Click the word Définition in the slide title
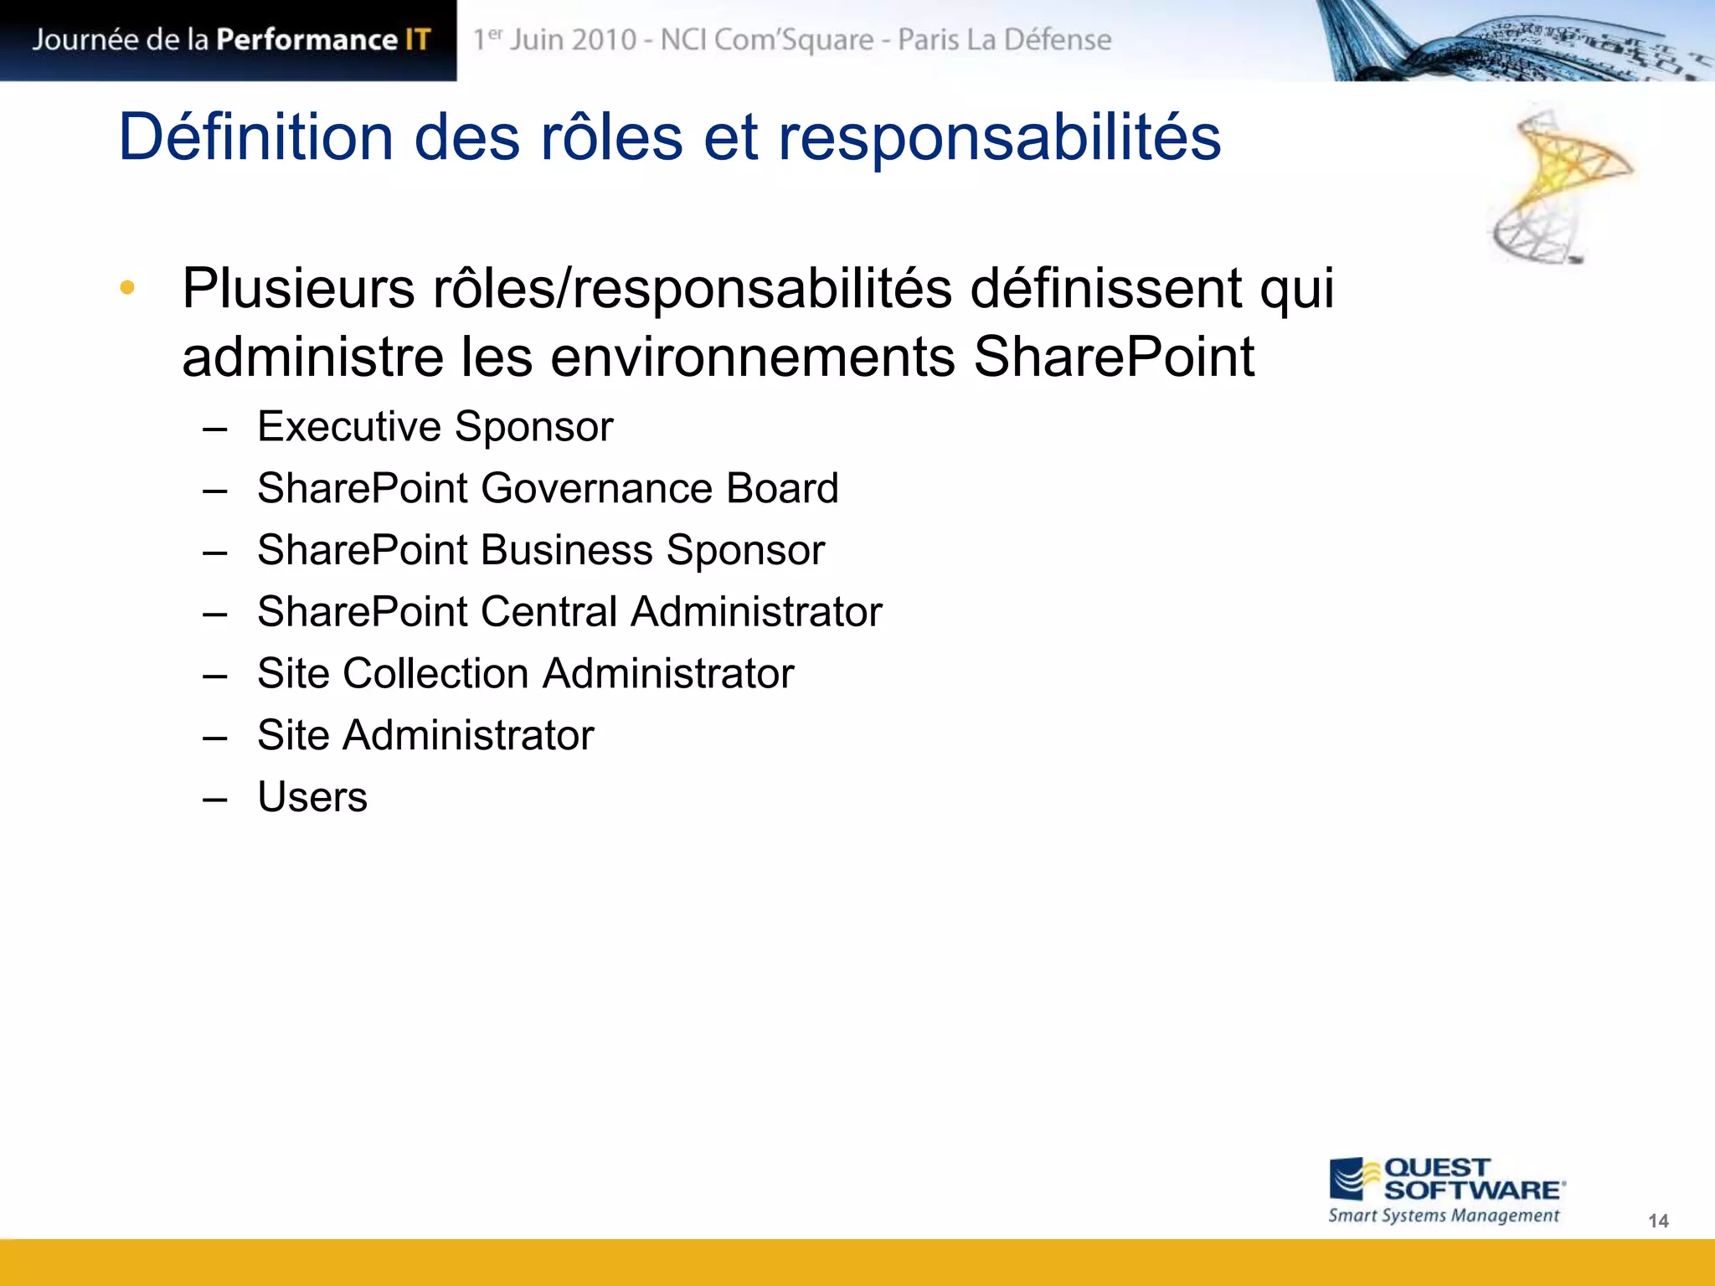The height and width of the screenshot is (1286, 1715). [x=255, y=137]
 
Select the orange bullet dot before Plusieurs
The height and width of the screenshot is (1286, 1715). [x=127, y=288]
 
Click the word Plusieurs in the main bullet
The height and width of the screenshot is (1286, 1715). [x=298, y=289]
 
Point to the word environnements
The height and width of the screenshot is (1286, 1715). [x=751, y=358]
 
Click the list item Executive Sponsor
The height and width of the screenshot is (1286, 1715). [x=435, y=427]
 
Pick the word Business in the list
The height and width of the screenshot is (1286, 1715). [x=566, y=550]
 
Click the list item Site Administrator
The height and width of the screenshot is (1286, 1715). [x=425, y=735]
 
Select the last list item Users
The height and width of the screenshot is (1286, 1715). [x=312, y=797]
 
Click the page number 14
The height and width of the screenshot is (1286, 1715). [x=1658, y=1221]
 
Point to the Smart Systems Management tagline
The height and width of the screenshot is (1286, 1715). [x=1444, y=1216]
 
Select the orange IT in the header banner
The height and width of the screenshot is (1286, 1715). [x=418, y=39]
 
